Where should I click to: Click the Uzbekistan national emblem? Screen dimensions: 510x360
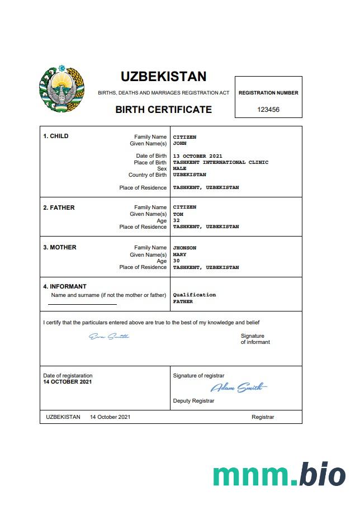coord(61,89)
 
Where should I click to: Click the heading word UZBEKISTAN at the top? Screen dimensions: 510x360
coord(163,77)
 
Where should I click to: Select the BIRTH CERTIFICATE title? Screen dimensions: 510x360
coord(163,110)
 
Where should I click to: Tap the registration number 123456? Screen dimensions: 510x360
coord(268,110)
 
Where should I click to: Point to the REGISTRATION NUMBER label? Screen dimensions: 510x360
coord(268,93)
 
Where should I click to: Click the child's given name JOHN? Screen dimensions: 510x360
coord(179,143)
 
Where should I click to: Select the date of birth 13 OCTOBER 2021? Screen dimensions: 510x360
coord(197,155)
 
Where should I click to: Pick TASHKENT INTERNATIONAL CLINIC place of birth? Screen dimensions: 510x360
coord(220,162)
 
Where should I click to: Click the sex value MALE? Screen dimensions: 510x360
coord(179,168)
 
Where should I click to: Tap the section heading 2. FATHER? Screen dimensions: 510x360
coord(59,207)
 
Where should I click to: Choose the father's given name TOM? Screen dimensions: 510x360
coord(178,214)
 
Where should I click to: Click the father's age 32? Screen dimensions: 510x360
coord(177,220)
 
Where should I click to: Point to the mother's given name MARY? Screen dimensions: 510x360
coord(179,254)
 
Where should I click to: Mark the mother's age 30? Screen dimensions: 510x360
coord(177,261)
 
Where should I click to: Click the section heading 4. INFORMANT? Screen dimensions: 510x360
coord(65,287)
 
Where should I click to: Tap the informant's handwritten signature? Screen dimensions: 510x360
coord(109,336)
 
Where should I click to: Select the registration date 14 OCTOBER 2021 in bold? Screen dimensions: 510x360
coord(68,382)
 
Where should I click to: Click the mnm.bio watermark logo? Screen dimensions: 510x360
coord(279,474)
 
